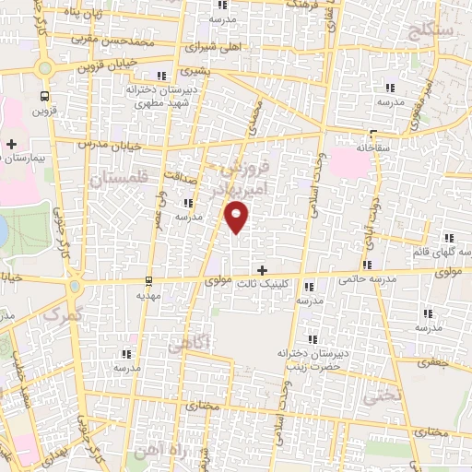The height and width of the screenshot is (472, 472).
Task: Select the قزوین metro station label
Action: pyautogui.click(x=44, y=111)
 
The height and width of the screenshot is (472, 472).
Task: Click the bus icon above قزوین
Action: pyautogui.click(x=44, y=96)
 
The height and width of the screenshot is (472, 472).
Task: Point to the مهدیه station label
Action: pyautogui.click(x=148, y=295)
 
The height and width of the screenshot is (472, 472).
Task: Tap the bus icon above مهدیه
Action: pyautogui.click(x=148, y=281)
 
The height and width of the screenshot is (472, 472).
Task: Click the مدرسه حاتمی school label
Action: pyautogui.click(x=367, y=277)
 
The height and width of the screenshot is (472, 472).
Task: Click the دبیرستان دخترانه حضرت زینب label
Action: pyautogui.click(x=310, y=360)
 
